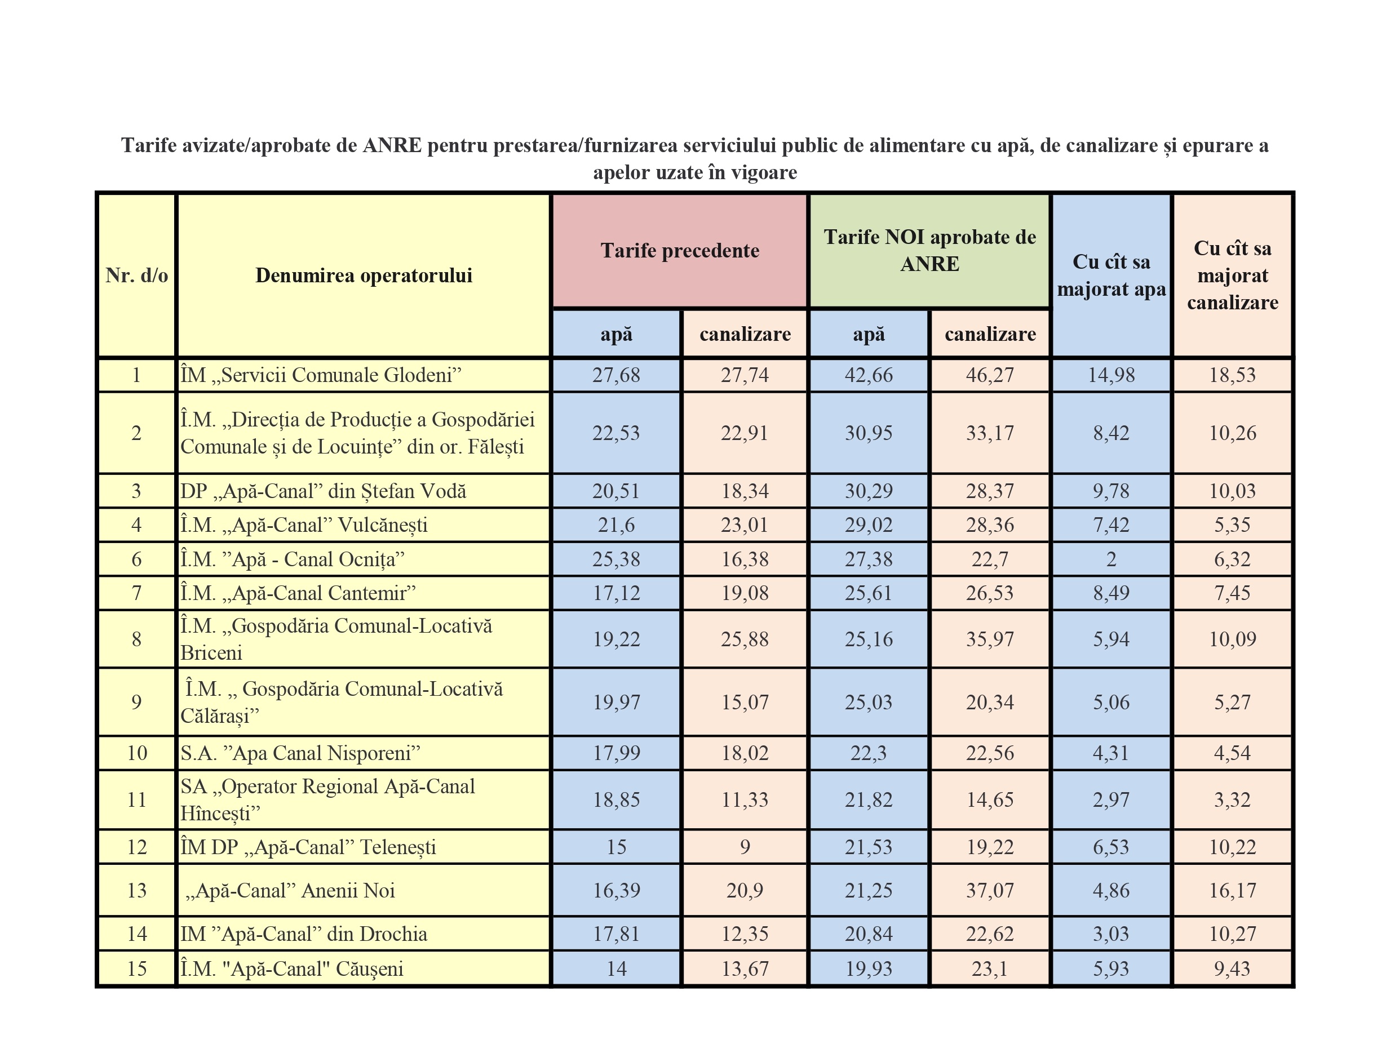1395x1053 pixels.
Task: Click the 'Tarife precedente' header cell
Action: click(x=679, y=251)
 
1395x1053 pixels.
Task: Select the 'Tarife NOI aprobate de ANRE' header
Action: click(x=929, y=250)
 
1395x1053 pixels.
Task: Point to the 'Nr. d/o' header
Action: click(x=137, y=276)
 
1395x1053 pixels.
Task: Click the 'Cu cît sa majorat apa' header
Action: click(x=1110, y=276)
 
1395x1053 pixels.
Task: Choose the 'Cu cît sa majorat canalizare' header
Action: click(x=1232, y=276)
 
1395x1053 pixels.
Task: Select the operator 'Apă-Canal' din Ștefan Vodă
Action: click(x=323, y=491)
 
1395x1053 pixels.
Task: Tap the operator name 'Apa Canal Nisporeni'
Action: click(x=300, y=753)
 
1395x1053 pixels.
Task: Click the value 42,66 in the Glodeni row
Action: click(x=869, y=375)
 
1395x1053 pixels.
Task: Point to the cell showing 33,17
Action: click(x=990, y=433)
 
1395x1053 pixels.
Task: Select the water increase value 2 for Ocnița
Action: click(x=1110, y=559)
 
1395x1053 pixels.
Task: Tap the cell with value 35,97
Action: click(x=990, y=639)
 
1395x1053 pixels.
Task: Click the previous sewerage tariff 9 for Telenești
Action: click(x=745, y=847)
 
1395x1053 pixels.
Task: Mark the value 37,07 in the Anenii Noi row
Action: click(x=990, y=890)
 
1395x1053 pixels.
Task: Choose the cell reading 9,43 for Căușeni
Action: click(x=1232, y=968)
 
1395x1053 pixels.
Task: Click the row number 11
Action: click(x=137, y=799)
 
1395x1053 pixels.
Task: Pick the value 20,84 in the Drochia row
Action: click(x=869, y=934)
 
